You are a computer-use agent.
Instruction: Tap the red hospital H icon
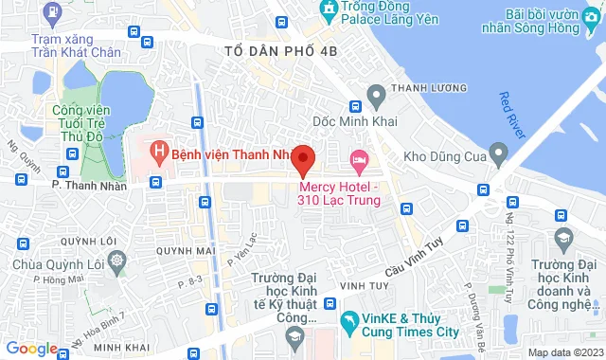(159, 152)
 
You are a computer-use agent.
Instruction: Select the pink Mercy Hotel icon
(358, 157)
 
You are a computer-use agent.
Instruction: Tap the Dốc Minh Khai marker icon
(376, 94)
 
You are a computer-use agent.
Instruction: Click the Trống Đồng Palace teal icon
(329, 10)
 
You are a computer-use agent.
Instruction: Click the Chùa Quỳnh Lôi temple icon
(116, 260)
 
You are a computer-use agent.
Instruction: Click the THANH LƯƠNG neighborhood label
(420, 91)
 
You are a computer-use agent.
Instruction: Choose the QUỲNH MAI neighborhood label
(181, 251)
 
